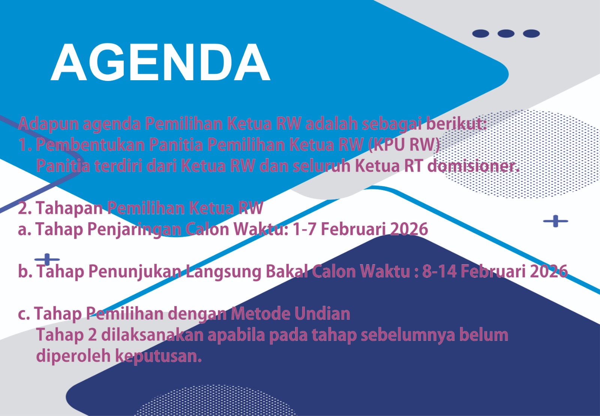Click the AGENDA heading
(160, 62)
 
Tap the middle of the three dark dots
(506, 33)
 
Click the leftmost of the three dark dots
(480, 33)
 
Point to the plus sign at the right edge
(555, 221)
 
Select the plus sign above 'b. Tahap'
(47, 259)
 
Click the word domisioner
(473, 166)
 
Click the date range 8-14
(439, 271)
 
